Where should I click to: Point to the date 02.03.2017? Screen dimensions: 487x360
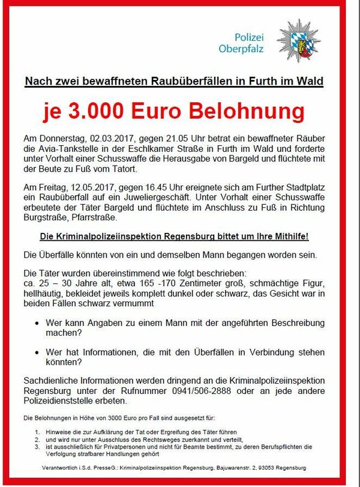click(103, 139)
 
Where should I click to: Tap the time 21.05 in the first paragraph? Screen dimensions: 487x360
click(170, 139)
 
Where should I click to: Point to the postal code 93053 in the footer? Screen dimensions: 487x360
click(274, 467)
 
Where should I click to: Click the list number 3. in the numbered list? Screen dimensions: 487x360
click(37, 447)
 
